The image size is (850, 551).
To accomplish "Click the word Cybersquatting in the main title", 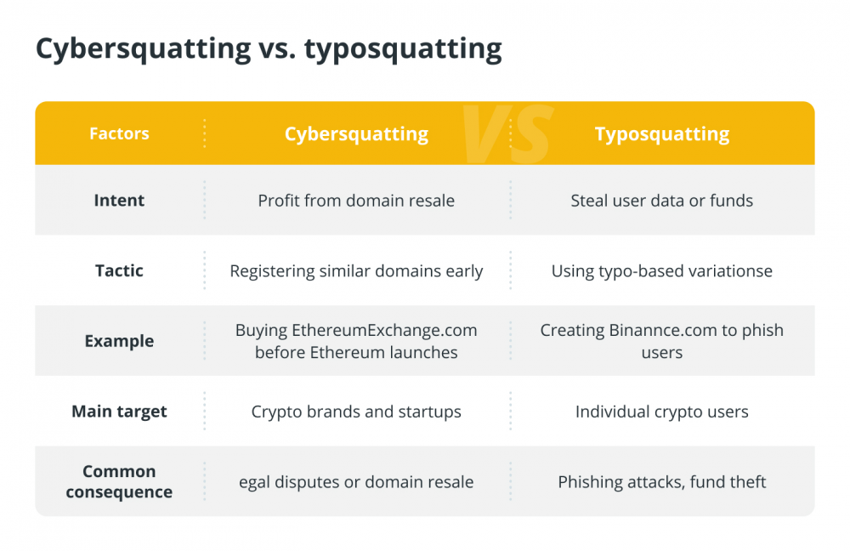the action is (144, 49).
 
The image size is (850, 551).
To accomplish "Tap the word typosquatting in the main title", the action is (403, 49).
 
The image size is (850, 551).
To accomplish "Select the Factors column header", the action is (119, 133).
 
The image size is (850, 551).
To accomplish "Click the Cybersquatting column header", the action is (357, 134).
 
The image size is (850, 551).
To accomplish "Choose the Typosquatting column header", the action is (662, 134).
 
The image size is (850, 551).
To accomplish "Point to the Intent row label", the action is (119, 200).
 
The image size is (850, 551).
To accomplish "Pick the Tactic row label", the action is (119, 270).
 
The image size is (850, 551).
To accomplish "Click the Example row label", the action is (119, 341).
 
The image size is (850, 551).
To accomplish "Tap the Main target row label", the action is (119, 412).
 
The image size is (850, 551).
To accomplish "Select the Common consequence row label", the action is (119, 481).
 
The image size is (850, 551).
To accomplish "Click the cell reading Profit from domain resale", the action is (356, 201).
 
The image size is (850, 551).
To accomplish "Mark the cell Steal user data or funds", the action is (662, 201).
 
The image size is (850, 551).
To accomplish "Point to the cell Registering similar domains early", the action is (356, 271).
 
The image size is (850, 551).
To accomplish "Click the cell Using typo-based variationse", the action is (662, 271).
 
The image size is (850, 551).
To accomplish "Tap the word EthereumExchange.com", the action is (384, 330).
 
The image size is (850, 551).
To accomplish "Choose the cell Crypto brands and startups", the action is (356, 412).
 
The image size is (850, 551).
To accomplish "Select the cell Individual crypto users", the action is (662, 412).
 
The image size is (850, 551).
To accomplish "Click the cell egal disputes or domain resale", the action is (356, 482).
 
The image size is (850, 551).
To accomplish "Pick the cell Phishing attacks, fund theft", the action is (662, 482).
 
